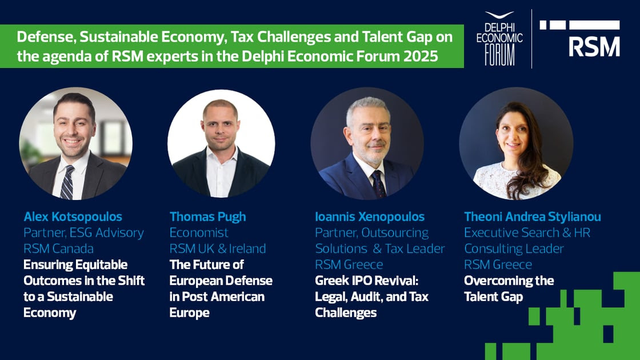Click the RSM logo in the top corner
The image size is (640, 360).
(579, 38)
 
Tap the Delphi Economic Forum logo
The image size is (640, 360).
(499, 39)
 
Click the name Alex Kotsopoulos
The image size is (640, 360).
(73, 217)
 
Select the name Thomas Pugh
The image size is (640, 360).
(208, 217)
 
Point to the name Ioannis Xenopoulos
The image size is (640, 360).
(370, 217)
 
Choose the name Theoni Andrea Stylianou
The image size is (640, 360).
(532, 217)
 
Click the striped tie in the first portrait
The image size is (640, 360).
(67, 182)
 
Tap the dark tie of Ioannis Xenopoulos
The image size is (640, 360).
(379, 184)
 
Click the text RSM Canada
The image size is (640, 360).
(58, 249)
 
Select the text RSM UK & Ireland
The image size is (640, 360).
(218, 249)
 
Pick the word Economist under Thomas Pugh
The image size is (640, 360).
(199, 233)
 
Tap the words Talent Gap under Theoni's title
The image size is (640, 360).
(494, 297)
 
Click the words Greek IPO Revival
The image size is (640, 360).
(366, 281)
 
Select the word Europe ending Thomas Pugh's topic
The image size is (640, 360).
(189, 313)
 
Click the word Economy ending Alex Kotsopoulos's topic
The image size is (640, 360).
(50, 313)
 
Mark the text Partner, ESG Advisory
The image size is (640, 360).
(83, 233)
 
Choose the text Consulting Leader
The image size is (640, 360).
(514, 249)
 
